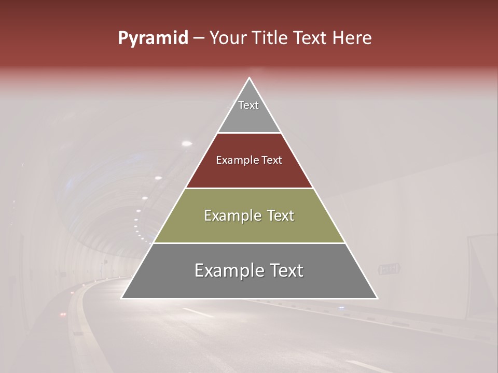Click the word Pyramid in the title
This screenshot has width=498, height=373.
[x=153, y=38]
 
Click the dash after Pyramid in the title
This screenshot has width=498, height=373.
[x=199, y=38]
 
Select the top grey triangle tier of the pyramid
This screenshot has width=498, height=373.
[x=249, y=117]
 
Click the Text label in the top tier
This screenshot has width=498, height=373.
[x=248, y=105]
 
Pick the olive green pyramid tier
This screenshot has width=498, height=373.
[x=249, y=228]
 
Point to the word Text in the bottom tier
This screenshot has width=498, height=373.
[x=286, y=270]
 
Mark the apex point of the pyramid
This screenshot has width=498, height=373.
[x=250, y=78]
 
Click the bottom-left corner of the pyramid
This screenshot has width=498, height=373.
[x=121, y=298]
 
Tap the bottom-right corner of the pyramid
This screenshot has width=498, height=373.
[x=377, y=298]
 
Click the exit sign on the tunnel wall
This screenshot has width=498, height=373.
[x=389, y=269]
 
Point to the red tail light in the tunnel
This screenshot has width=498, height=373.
[x=63, y=314]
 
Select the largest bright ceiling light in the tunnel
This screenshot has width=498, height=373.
[x=187, y=143]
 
